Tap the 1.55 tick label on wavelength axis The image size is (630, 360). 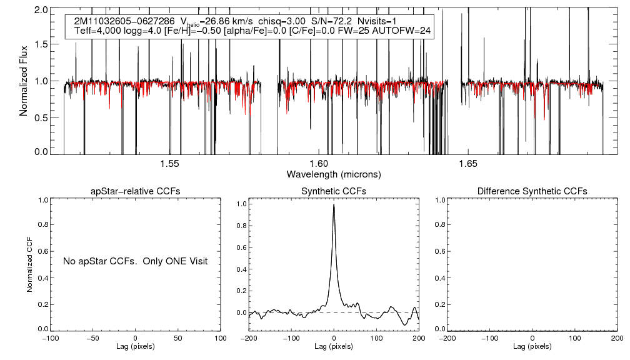pos(169,164)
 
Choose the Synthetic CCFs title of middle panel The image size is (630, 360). pos(334,191)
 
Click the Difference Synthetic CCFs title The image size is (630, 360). pos(532,191)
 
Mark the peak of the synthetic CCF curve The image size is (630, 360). pos(334,204)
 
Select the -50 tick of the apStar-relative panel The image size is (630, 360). pos(92,338)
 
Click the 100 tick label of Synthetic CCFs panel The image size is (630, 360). pos(376,338)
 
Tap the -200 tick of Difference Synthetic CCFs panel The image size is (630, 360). pos(447,338)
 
